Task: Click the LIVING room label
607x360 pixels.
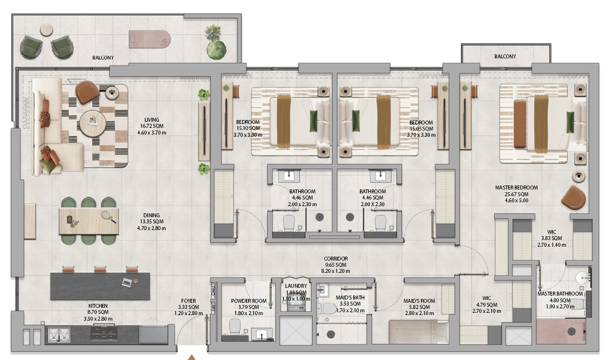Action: pyautogui.click(x=152, y=120)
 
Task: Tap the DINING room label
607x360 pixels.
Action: pyautogui.click(x=152, y=215)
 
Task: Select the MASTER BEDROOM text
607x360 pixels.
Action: pyautogui.click(x=516, y=188)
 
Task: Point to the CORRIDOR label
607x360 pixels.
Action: pyautogui.click(x=335, y=258)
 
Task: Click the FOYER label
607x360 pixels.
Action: pyautogui.click(x=188, y=301)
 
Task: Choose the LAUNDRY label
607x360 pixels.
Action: pyautogui.click(x=296, y=286)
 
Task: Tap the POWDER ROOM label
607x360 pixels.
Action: pyautogui.click(x=249, y=301)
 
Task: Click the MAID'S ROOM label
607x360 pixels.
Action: pyautogui.click(x=419, y=301)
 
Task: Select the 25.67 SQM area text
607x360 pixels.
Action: pyautogui.click(x=516, y=194)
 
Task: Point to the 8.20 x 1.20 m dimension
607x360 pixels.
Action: pyautogui.click(x=335, y=271)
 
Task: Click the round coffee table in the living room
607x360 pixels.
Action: pyautogui.click(x=93, y=123)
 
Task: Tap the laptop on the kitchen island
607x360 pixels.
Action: pyautogui.click(x=127, y=282)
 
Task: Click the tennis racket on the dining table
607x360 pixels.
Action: pyautogui.click(x=108, y=217)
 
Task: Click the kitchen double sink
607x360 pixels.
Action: pyautogui.click(x=59, y=334)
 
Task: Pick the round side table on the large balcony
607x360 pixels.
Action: pyautogui.click(x=47, y=30)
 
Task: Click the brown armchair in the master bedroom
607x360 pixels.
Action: pyautogui.click(x=574, y=197)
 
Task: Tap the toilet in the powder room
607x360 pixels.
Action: pyautogui.click(x=235, y=327)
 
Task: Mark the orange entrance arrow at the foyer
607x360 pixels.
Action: pyautogui.click(x=192, y=357)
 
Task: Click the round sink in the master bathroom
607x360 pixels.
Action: pyautogui.click(x=583, y=278)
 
